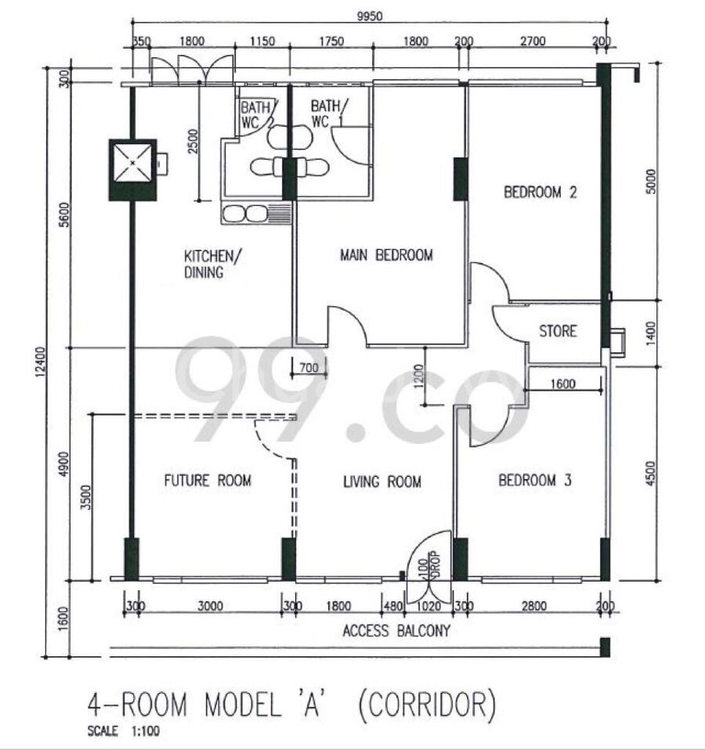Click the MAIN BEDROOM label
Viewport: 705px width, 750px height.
(x=386, y=255)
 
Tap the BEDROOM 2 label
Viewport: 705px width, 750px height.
(x=540, y=193)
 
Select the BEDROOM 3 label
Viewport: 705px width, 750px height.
(x=535, y=480)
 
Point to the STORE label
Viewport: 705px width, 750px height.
(x=558, y=331)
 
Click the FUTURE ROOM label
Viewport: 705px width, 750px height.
(x=208, y=480)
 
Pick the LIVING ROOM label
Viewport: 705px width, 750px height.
(x=382, y=481)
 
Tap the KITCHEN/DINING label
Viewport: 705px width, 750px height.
(x=213, y=264)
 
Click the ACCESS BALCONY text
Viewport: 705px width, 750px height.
(x=397, y=631)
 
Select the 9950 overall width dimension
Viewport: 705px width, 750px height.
(x=370, y=16)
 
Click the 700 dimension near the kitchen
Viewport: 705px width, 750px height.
(x=309, y=368)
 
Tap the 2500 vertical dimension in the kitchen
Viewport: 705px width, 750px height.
(x=193, y=141)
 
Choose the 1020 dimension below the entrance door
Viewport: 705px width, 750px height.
(x=428, y=607)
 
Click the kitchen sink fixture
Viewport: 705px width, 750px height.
(x=256, y=213)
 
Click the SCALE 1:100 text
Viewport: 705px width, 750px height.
(x=124, y=731)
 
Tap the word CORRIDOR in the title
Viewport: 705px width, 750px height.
(x=427, y=705)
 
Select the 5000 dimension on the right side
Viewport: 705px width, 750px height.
(x=651, y=182)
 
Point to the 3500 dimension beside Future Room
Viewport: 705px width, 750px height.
(x=85, y=497)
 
